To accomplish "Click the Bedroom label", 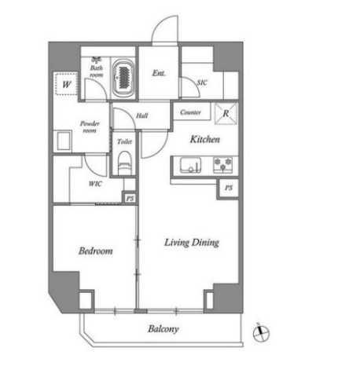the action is [96, 251].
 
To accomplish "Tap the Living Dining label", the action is [192, 243].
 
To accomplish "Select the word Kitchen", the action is [205, 139].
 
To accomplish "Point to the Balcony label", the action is [163, 329].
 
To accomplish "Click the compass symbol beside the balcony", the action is [261, 333].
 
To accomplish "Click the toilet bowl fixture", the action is [125, 163].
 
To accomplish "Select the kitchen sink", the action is [190, 165].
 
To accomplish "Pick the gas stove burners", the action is [222, 165].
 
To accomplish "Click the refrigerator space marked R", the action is [226, 113].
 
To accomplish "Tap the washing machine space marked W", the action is [66, 84].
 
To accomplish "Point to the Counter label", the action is [190, 112].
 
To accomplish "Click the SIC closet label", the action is [202, 82].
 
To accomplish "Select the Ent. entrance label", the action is [159, 73].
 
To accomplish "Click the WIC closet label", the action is [95, 184].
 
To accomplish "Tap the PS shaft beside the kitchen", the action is [229, 188].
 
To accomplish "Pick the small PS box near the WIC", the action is [130, 198].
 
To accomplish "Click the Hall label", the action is [142, 115].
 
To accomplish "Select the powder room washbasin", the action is [63, 141].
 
